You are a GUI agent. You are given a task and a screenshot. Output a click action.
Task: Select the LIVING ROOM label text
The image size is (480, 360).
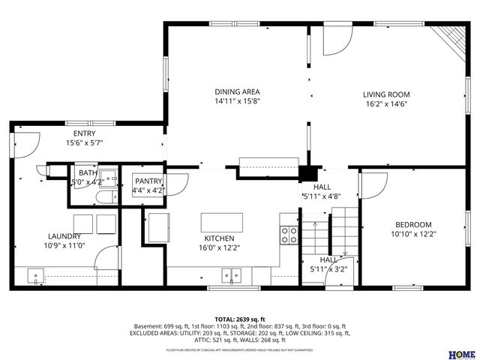[386, 94]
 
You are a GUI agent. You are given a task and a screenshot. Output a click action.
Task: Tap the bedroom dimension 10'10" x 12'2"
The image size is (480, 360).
[413, 235]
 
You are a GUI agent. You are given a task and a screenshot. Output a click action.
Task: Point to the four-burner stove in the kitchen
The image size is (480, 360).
[289, 235]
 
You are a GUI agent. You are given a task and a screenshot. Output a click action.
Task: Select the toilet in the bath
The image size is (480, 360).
[106, 197]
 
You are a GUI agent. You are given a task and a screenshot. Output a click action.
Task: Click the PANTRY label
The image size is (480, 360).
[147, 181]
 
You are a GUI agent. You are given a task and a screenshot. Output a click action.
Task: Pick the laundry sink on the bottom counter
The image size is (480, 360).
[36, 277]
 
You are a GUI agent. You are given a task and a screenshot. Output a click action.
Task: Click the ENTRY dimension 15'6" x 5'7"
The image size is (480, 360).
[84, 142]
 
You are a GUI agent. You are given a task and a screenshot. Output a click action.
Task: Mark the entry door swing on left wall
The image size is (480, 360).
[25, 142]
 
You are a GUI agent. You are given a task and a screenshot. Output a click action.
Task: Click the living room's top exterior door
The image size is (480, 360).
[337, 41]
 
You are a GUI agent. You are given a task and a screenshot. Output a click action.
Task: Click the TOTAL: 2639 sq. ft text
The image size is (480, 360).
[240, 319]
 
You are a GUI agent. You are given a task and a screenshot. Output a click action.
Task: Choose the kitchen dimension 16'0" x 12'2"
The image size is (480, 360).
[219, 247]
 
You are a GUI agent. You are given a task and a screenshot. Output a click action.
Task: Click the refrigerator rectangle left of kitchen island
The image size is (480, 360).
[158, 226]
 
